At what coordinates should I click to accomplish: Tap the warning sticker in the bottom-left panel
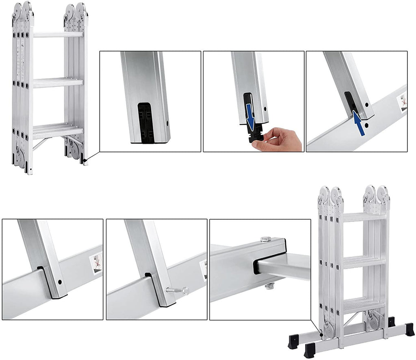point(97,263)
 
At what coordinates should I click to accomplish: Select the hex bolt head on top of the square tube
point(265,238)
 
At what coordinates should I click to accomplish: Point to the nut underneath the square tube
point(269,287)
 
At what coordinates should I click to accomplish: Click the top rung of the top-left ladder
point(58,35)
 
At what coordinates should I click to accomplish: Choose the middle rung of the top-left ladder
point(58,82)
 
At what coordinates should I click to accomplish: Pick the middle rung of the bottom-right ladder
point(364,262)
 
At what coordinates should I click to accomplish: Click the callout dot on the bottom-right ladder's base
point(321,335)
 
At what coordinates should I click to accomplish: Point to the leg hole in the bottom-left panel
point(60,282)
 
